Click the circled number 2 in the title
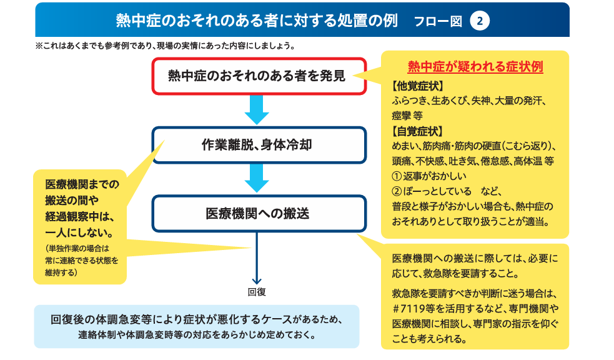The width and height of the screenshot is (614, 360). point(479,21)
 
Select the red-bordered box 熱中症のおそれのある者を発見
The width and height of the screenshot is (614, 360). point(259,76)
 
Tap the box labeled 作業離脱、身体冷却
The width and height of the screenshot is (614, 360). point(259,145)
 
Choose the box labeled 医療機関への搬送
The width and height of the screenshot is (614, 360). point(259,214)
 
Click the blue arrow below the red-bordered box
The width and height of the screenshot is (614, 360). point(257,110)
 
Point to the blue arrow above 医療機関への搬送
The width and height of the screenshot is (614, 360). point(257,178)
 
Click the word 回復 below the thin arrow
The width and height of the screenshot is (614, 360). point(257,292)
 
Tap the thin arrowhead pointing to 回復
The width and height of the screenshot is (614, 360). point(257,281)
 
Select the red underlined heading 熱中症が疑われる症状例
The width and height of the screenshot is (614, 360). point(475,67)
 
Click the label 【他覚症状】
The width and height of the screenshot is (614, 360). point(417,86)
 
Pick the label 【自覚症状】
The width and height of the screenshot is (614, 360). point(417,131)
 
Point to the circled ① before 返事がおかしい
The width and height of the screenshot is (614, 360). point(397,176)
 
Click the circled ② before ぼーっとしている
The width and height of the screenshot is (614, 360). point(397,191)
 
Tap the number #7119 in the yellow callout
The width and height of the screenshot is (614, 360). point(408,309)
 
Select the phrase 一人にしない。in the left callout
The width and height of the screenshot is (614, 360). point(79,233)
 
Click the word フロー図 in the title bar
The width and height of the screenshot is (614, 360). point(438,21)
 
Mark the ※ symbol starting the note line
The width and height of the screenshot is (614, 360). point(39,46)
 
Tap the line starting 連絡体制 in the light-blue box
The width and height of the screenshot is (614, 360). point(197,336)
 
